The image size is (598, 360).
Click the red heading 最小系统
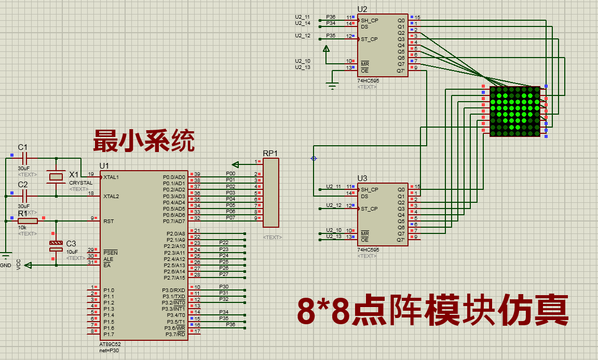(144, 141)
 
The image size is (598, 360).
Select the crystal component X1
(56, 177)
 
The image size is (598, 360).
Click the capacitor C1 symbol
(23, 157)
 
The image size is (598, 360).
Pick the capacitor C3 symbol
(56, 246)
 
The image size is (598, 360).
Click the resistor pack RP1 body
(271, 192)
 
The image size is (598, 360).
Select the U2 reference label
(362, 9)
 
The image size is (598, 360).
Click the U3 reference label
(362, 178)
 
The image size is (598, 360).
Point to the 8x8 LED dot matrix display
(515, 112)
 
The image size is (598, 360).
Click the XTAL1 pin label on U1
(111, 177)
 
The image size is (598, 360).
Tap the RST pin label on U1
(108, 221)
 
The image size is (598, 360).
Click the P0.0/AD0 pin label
(173, 177)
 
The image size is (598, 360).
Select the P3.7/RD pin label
(175, 334)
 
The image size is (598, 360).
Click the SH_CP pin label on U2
(370, 21)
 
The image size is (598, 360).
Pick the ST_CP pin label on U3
(370, 209)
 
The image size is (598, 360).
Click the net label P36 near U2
(331, 17)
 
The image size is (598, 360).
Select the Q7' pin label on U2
(401, 71)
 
